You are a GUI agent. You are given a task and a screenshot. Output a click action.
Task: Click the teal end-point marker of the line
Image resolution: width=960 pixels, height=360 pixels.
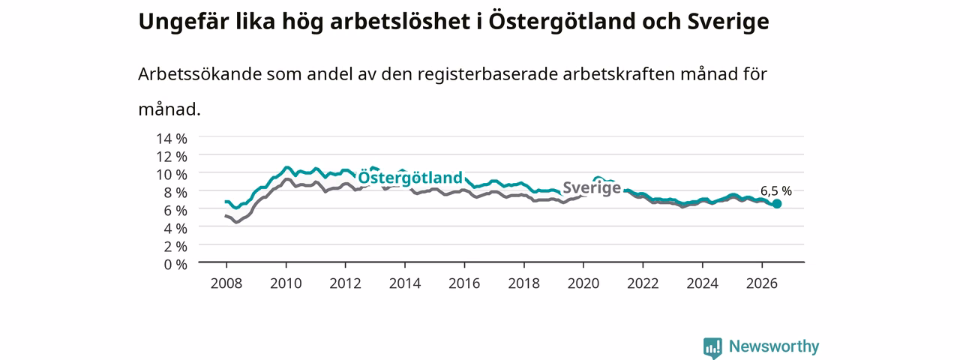coord(776,204)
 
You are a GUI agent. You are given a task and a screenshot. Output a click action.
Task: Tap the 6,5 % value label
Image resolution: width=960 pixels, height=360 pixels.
coord(776,191)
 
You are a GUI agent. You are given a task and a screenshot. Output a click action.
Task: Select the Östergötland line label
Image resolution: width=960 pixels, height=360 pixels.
coord(410,178)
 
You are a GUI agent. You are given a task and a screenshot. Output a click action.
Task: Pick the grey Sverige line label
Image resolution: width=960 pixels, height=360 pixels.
coord(592,187)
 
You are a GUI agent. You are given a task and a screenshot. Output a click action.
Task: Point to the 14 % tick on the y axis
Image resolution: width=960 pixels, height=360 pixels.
coord(172,139)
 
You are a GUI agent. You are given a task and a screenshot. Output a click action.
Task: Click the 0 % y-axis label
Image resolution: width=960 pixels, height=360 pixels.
coord(175,265)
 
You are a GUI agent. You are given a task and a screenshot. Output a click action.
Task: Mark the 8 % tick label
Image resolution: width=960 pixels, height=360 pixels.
coord(175,193)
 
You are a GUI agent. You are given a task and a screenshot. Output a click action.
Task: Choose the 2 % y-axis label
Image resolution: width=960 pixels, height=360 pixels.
coord(175,247)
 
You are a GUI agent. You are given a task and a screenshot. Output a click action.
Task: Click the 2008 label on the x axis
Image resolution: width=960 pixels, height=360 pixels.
coord(226,283)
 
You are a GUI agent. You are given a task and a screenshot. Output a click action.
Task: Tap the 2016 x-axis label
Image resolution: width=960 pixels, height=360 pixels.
coord(464,283)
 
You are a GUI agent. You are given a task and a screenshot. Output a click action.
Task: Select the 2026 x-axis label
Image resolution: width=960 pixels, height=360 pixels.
coord(762,283)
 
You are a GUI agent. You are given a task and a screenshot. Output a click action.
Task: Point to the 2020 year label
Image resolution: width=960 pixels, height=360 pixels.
coord(583,283)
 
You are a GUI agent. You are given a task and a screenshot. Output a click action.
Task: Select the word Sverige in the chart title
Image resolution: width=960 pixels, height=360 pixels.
coord(728,22)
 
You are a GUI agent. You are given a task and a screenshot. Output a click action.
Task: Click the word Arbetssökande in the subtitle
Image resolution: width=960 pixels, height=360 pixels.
coord(199,74)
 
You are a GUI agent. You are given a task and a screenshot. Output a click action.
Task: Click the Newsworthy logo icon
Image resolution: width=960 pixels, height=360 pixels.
coord(712,347)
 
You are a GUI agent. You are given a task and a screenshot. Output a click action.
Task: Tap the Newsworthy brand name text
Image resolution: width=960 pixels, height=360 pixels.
coord(774,346)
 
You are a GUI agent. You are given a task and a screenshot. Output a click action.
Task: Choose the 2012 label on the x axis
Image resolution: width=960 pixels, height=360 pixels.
coord(346,283)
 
